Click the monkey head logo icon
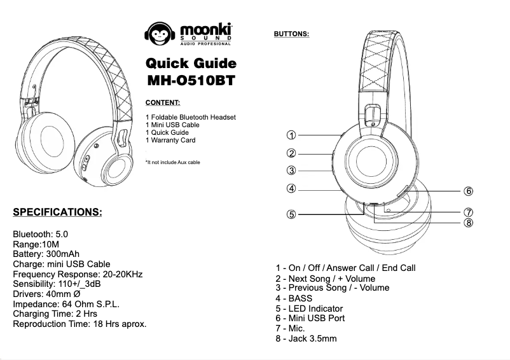pos(158,34)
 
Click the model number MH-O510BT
pos(191,81)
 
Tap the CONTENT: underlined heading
pos(163,102)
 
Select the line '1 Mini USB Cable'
pos(172,125)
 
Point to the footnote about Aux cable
pos(173,163)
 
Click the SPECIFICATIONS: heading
pos(57,212)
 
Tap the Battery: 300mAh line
pos(46,254)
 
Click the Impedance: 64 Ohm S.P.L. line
pos(66,304)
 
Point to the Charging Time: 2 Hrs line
pos(55,314)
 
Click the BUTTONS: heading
pos(291,33)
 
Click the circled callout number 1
pos(291,135)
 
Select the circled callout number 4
pos(291,188)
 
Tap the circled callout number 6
pos(468,191)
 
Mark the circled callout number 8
pos(468,222)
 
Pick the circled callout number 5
pos(291,214)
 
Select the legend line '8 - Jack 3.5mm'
pos(306,338)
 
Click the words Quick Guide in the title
pos(191,64)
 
